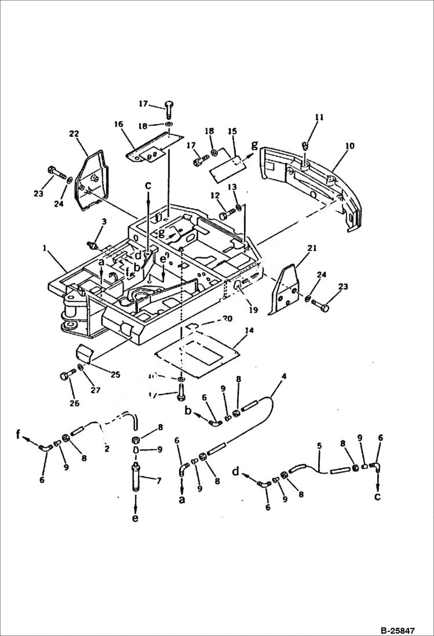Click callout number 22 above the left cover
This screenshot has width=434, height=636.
coord(74,135)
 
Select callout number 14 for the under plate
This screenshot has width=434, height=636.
coord(249,330)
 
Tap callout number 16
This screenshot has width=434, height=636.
coord(119,123)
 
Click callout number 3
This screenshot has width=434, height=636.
coord(104,221)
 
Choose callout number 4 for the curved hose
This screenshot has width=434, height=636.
coord(284,376)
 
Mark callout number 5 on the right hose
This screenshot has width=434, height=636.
coord(318,446)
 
